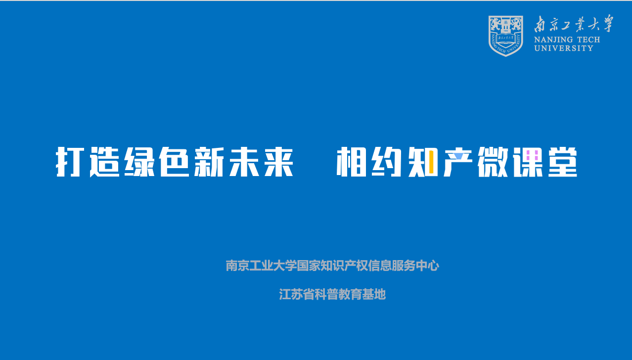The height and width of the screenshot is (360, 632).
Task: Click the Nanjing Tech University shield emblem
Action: [x=505, y=36]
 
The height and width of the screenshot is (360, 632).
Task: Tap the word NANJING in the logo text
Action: [x=553, y=40]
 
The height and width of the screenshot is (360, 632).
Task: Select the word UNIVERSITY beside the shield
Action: [x=563, y=48]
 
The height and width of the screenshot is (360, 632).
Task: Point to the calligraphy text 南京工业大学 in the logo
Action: [x=573, y=24]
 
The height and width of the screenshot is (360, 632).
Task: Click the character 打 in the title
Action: [x=70, y=162]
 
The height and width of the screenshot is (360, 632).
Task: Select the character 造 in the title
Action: [x=104, y=162]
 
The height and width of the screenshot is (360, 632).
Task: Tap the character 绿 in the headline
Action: [x=139, y=162]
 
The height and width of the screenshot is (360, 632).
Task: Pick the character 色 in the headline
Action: [x=174, y=162]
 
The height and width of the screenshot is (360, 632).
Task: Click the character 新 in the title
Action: [x=209, y=162]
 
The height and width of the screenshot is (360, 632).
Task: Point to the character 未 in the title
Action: [x=244, y=162]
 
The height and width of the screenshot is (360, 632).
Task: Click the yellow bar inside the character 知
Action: [x=431, y=162]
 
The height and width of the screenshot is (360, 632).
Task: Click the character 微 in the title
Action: [x=493, y=162]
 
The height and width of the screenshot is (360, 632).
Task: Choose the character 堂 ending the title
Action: [x=563, y=162]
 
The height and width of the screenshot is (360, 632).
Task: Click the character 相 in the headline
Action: [x=351, y=162]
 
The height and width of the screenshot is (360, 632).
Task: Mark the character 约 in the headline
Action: [x=386, y=162]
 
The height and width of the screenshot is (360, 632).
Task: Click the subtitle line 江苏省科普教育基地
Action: [x=332, y=294]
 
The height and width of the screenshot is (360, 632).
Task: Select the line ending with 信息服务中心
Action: [x=332, y=266]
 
